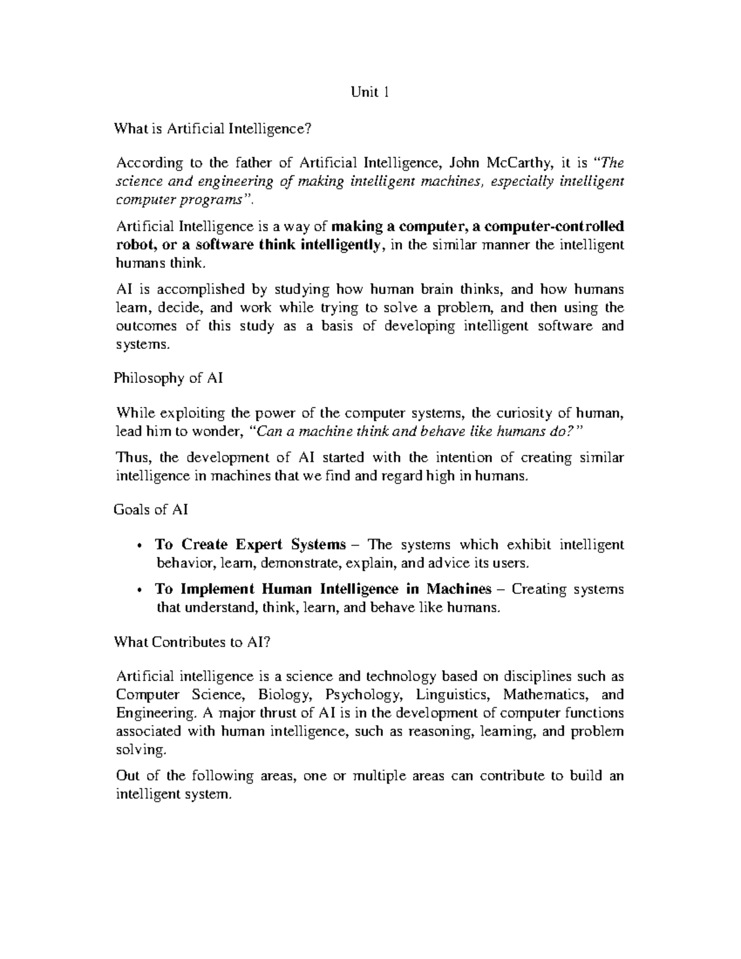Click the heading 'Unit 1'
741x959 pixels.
click(369, 93)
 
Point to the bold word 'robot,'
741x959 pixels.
click(133, 245)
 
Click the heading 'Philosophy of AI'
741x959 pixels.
click(169, 379)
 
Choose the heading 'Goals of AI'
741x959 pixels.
click(151, 509)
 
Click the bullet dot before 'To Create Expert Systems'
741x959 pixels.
click(141, 545)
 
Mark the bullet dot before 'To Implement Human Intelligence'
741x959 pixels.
click(141, 590)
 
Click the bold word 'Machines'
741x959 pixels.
click(458, 589)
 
